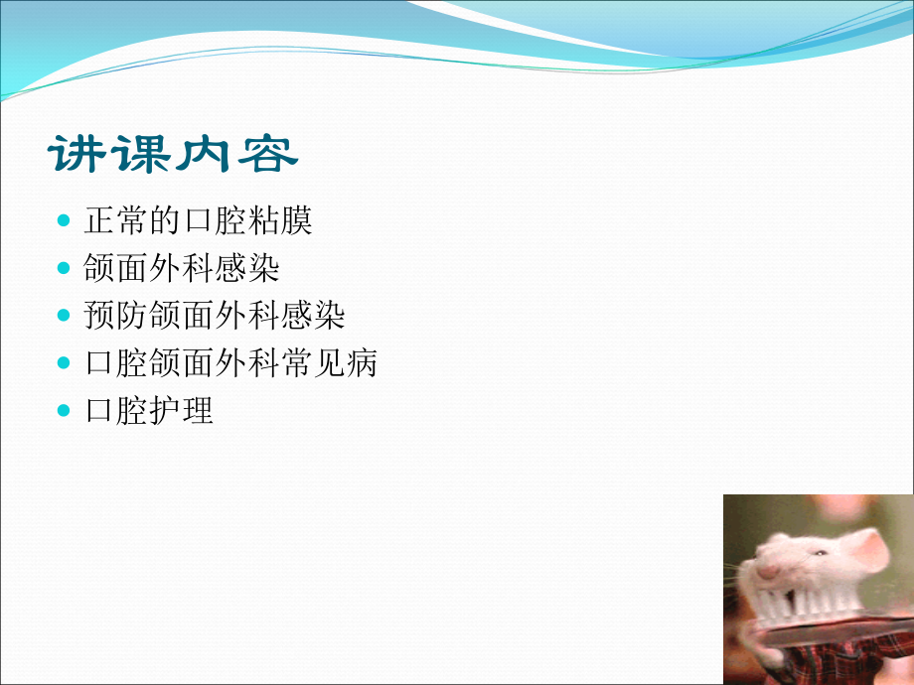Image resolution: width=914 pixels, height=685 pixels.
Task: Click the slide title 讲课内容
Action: coord(173,154)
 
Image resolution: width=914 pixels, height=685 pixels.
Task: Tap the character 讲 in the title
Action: coord(76,154)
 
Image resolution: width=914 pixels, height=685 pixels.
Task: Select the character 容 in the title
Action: coord(268,154)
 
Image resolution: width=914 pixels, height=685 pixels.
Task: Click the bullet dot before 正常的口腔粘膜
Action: coord(64,220)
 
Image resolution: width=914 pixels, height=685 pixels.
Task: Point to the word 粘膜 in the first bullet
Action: coord(280,220)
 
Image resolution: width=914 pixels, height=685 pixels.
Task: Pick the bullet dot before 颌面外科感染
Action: coord(64,268)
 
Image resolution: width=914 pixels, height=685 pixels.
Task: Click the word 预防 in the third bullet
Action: coord(116,315)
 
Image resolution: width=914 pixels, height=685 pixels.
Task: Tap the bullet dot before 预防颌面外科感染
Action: coord(64,316)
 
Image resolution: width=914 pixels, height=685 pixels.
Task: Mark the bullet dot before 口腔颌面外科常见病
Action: coord(64,363)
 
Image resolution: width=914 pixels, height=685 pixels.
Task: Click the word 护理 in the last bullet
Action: coord(181,410)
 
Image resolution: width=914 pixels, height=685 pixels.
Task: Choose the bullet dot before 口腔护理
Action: coord(64,411)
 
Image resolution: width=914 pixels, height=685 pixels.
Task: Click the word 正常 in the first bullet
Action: coord(116,220)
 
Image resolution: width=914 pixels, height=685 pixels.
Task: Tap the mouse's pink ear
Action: coord(868,550)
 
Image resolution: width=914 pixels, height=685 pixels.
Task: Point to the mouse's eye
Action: coord(821,553)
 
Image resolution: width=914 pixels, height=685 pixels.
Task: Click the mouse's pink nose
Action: coord(767,571)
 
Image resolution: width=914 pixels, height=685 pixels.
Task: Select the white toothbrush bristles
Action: coord(804,603)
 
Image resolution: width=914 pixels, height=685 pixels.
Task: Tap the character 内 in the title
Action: coord(204,154)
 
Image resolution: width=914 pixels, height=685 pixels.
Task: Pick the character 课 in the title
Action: coord(141,154)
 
